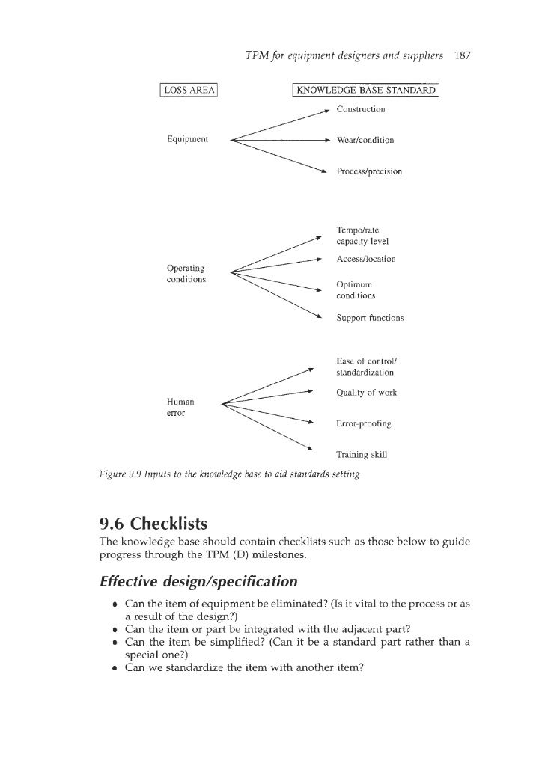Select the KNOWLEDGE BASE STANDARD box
click(x=365, y=91)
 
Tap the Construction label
click(x=361, y=109)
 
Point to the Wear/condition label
click(x=365, y=140)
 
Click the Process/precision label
click(x=369, y=171)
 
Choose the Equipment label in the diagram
click(x=188, y=139)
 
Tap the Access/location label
click(x=366, y=259)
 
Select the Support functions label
click(x=370, y=318)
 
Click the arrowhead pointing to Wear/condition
click(x=326, y=140)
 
